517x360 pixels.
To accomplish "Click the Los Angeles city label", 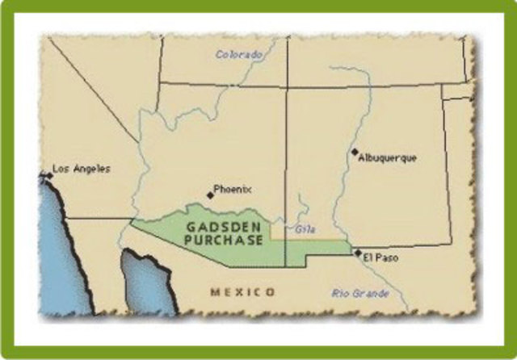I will tap(81, 169).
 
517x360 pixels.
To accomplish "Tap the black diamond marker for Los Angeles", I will tap(48, 174).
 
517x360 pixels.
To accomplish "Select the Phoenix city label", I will tap(232, 190).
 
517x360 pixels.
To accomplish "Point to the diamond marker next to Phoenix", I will tap(210, 195).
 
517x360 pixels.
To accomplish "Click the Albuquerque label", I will tap(388, 157).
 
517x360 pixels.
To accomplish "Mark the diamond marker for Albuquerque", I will tap(354, 152).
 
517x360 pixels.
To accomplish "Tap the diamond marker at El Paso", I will tap(358, 253).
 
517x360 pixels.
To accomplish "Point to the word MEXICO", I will tap(242, 291).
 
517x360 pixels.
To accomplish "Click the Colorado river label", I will tap(239, 55).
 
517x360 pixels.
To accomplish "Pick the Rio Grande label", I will tap(359, 294).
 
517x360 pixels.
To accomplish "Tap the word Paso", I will tap(388, 258).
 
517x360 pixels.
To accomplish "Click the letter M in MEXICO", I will tap(214, 291).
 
